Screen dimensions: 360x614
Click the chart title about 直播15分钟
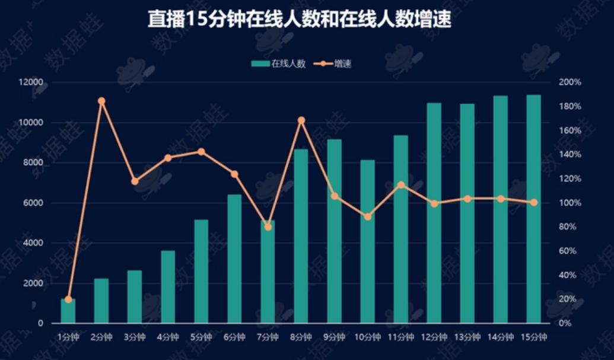300,20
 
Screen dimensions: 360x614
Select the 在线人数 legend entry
279,63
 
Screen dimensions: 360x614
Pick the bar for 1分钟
68,311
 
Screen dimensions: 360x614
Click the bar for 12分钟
434,213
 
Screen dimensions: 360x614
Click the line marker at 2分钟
101,101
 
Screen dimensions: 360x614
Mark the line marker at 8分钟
301,120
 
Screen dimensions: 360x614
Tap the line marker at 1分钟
68,300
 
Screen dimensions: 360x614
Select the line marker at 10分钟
367,216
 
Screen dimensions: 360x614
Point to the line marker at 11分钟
400,185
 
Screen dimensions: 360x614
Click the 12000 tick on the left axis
33,82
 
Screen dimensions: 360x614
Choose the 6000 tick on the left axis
34,203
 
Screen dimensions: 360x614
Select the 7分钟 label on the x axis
268,337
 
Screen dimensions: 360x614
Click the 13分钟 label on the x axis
467,337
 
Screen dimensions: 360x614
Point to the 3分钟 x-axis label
135,337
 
